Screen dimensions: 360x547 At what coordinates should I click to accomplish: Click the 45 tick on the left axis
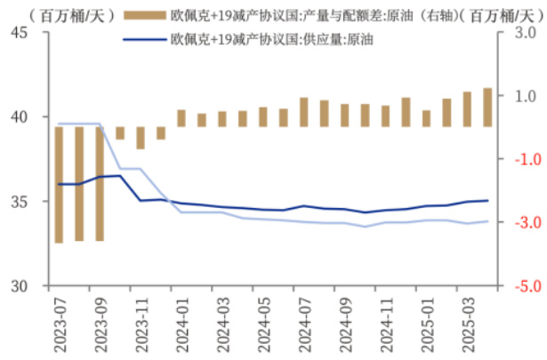tap(20, 32)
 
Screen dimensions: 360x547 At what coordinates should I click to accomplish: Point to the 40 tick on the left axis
tap(20, 116)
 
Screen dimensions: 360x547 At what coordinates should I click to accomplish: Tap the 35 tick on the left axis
tap(20, 202)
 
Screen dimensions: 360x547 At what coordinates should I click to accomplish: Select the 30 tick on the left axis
tap(20, 286)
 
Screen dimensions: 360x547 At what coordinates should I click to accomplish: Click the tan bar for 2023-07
tap(59, 184)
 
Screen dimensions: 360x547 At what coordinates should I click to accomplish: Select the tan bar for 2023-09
tap(99, 183)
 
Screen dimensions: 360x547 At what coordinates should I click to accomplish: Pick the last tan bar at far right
tap(487, 107)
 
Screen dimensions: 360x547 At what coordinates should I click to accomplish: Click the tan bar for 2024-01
tap(181, 118)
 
